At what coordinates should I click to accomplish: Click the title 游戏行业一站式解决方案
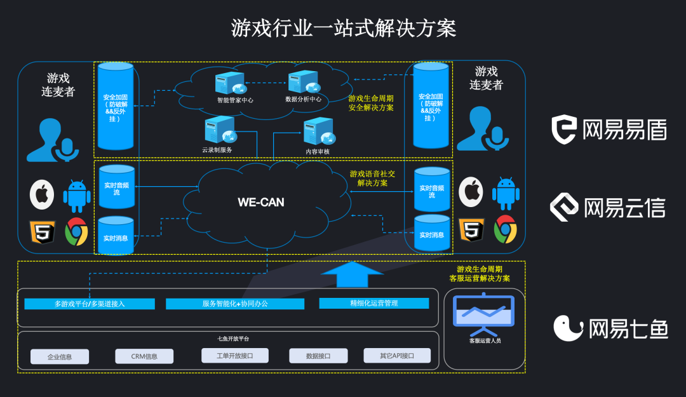343,29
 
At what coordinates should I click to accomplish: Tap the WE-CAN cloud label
261,203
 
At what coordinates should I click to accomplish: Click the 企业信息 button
60,356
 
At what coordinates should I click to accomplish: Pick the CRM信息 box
144,356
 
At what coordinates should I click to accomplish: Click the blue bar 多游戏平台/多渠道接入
90,304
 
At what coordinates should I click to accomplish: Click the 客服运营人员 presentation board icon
484,315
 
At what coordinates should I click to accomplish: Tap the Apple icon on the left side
42,194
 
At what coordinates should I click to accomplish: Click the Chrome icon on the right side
506,230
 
